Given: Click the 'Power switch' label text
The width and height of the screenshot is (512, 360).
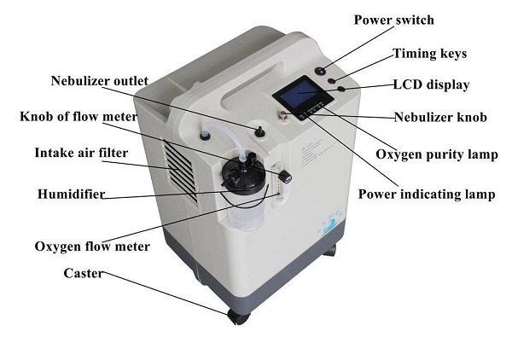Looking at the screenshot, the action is pos(393,20).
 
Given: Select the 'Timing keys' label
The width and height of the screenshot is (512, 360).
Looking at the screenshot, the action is pos(430,54).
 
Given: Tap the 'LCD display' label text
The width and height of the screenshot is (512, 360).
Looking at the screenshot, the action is pos(431,84).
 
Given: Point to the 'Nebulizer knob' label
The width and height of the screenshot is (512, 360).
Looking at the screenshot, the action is pos(440,117).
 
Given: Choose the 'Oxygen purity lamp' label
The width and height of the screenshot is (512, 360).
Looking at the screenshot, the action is pos(437,154).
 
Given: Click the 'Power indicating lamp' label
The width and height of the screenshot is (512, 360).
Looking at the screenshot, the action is pos(427,195).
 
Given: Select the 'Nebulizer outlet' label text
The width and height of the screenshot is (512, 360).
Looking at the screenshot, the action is pos(100,81).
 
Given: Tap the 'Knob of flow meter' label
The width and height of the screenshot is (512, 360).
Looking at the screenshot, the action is pos(79,116).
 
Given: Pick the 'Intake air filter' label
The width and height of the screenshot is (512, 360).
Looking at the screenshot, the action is pos(81,153).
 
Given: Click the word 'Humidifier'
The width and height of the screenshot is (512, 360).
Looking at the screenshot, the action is pos(71,194).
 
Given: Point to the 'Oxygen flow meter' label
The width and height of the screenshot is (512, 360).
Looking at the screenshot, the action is pos(92,246).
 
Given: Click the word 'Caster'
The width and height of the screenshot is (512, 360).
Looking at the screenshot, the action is pos(84,273).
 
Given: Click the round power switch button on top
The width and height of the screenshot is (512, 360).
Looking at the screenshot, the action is pos(322,71).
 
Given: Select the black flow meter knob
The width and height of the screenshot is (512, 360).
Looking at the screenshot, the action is pos(285,176).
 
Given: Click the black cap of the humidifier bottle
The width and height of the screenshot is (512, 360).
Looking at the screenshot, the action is pos(243,174).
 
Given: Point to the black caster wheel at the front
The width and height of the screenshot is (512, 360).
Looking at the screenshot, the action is pos(238,316).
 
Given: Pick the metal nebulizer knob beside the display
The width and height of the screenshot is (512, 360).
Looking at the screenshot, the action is pos(282,115).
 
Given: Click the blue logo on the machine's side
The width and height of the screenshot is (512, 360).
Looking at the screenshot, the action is pos(330,224).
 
